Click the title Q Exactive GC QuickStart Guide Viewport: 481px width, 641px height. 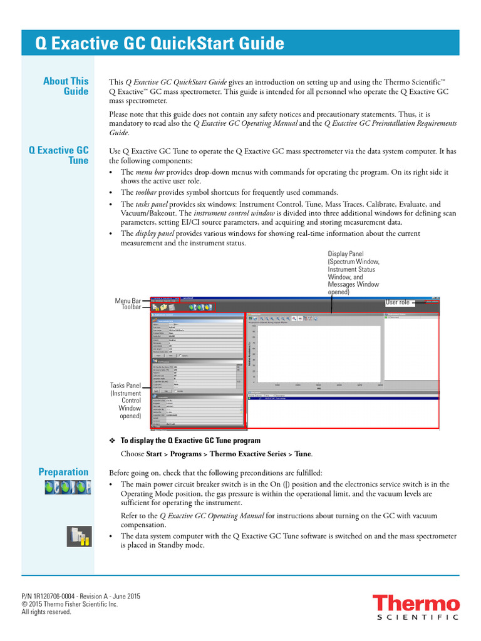click(x=160, y=44)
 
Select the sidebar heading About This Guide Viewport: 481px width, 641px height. click(x=66, y=86)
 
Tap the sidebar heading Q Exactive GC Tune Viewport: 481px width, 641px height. click(x=59, y=156)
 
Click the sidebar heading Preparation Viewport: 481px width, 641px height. click(x=63, y=472)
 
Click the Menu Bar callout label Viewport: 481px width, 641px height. click(x=128, y=301)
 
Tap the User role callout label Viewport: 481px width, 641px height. click(x=397, y=302)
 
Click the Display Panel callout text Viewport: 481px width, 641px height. click(x=354, y=273)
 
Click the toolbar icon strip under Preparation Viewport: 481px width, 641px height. click(x=67, y=488)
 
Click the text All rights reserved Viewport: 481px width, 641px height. click(x=46, y=612)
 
